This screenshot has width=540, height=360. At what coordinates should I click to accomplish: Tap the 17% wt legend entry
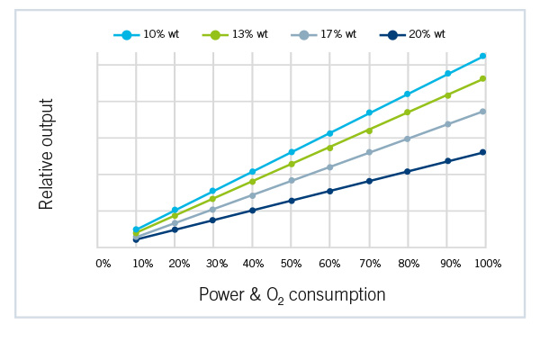point(322,34)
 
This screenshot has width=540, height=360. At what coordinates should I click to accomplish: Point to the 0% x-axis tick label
point(103,263)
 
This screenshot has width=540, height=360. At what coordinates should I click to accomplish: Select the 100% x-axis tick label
point(487,263)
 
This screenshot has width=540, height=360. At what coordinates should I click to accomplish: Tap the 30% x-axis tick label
point(217,263)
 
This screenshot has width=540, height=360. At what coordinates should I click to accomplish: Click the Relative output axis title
point(47,154)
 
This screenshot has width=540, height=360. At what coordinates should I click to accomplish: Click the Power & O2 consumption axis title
point(292,295)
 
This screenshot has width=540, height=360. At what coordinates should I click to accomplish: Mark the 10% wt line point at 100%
point(483,56)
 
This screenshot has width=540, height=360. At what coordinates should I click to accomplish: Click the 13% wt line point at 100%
point(483,78)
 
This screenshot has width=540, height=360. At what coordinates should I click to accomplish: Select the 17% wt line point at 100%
point(483,111)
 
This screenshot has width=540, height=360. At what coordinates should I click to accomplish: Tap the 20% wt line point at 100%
point(483,152)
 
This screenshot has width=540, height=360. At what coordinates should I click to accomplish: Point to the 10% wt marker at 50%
point(291,152)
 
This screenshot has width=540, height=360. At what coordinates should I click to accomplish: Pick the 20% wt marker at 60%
point(330,191)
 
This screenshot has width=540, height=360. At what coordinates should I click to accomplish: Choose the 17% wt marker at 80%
point(408,139)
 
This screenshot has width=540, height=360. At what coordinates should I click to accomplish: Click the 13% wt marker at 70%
point(369,130)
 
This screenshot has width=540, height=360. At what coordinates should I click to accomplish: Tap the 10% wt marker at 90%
point(447,74)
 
